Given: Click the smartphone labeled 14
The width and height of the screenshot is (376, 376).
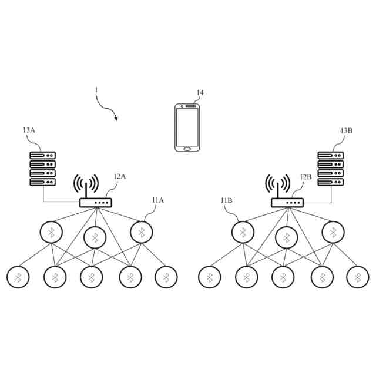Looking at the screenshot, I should [187, 127].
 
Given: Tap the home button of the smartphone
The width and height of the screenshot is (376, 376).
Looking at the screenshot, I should [187, 148].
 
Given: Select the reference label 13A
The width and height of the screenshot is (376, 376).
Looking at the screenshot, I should [29, 130].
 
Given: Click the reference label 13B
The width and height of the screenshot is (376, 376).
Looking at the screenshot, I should [346, 130].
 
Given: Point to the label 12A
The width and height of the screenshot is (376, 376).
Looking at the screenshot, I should [120, 176].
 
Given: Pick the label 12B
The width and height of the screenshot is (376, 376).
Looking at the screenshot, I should [305, 176].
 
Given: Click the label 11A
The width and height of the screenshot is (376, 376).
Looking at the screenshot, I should [157, 200].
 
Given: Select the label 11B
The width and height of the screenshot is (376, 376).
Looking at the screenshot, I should [227, 200].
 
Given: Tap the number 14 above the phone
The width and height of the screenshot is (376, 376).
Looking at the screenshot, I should [200, 93].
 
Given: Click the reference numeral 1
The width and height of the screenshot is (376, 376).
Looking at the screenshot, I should [96, 90].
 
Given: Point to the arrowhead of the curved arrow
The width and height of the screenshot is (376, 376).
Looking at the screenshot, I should [116, 119].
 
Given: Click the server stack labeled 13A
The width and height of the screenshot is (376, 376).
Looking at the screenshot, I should [43, 169].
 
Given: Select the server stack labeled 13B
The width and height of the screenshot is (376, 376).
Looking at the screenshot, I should [330, 169].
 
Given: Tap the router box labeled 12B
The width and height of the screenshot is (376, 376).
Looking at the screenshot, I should [287, 203].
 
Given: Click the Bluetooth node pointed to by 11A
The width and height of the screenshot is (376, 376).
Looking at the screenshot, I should [141, 232].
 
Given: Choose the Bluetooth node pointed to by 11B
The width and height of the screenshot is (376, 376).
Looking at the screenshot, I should [243, 232].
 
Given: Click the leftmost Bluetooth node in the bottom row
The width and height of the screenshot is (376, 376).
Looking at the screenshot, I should [18, 277].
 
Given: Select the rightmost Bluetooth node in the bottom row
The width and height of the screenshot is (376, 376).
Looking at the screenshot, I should [357, 277].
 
